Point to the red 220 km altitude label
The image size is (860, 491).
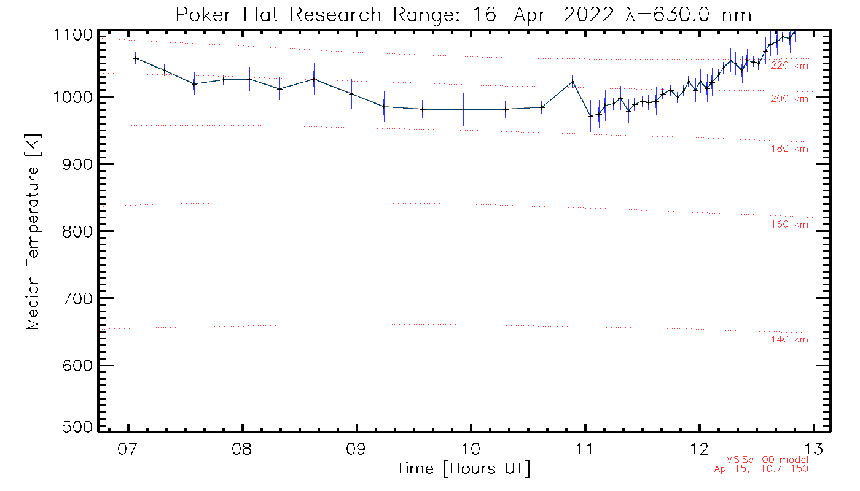click(x=789, y=66)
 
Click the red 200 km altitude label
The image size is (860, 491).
click(x=789, y=99)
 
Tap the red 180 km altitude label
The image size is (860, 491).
click(x=789, y=149)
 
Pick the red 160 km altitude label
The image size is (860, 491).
click(x=789, y=225)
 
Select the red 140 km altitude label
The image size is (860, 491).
click(x=789, y=340)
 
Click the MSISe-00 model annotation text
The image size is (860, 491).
click(x=767, y=460)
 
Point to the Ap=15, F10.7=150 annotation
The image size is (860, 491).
click(x=760, y=469)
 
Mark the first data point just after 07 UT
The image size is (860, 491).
click(x=136, y=58)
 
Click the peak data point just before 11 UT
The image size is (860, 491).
click(x=573, y=82)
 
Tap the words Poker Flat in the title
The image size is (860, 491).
click(x=218, y=14)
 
